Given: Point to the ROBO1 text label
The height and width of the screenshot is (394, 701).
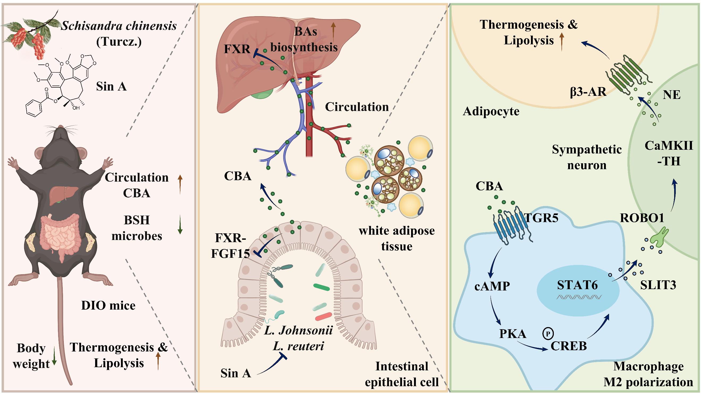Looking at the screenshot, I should point(642,218).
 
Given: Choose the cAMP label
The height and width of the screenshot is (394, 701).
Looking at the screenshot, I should point(492,286).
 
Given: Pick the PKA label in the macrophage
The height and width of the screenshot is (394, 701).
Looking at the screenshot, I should point(513,334).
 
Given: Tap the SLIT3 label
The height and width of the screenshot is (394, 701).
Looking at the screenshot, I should point(658,285).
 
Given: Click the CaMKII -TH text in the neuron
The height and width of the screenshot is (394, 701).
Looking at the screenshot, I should point(669,154).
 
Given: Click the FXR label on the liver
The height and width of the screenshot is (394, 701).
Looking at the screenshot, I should point(237,49).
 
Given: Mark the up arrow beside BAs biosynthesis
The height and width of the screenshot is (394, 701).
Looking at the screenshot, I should point(333,33).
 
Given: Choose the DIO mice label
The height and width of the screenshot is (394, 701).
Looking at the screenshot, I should point(108,306).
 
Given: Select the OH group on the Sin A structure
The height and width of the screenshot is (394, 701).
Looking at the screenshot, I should point(76,108).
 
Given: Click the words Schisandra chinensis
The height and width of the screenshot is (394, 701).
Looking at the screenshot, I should point(119,26).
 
